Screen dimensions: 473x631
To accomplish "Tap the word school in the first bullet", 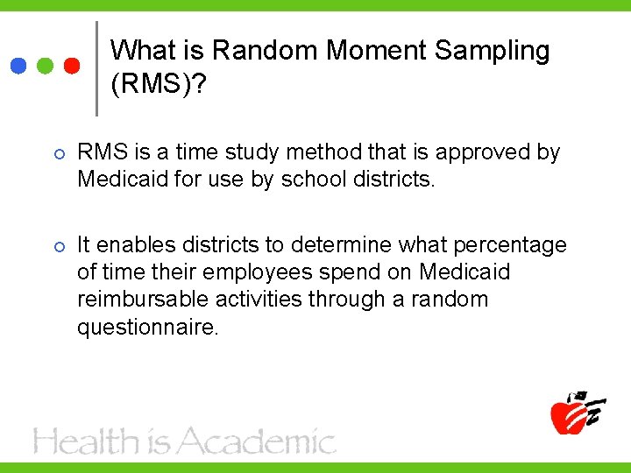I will tap(308, 180).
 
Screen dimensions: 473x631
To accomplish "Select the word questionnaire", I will tap(146, 327).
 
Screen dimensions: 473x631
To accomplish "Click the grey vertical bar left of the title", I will tap(96, 68).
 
